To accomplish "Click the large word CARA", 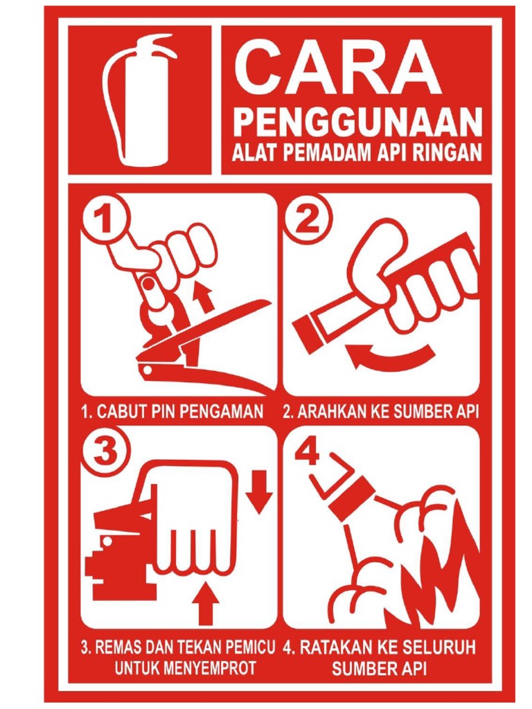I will [337, 68].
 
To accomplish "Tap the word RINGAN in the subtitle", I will [448, 153].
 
